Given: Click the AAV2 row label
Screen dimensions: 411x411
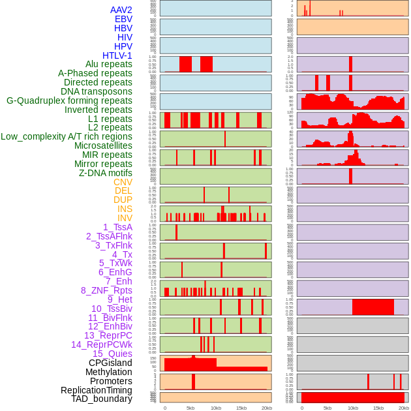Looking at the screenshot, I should click(x=121, y=10).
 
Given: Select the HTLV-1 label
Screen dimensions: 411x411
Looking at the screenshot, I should click(x=117, y=55).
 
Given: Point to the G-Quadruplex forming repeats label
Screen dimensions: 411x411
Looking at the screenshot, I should click(x=69, y=100).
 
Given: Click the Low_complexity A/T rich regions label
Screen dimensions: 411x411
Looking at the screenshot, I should click(x=67, y=136).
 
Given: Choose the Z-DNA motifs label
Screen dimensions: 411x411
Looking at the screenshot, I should click(x=105, y=173).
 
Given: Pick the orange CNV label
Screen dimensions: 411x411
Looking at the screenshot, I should click(x=123, y=182).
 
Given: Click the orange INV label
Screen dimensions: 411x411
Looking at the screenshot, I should click(x=125, y=218).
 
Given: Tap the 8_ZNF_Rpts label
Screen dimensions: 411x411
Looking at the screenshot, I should click(x=106, y=290).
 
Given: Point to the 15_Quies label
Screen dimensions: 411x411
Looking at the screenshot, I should click(x=112, y=354).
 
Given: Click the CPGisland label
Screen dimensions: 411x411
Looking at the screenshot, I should click(x=110, y=363).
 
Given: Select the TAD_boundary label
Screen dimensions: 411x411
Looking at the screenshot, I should click(x=102, y=399).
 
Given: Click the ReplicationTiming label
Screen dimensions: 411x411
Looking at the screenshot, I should click(x=97, y=390).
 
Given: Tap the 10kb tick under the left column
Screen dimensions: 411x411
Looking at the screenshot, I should click(x=215, y=408).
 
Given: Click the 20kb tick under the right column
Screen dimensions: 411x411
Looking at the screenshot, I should click(x=403, y=408).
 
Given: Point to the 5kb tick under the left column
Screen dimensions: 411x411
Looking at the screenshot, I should click(x=190, y=408).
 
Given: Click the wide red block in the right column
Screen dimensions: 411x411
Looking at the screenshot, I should click(x=373, y=307).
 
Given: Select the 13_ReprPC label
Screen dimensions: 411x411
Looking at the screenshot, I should click(x=108, y=335).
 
